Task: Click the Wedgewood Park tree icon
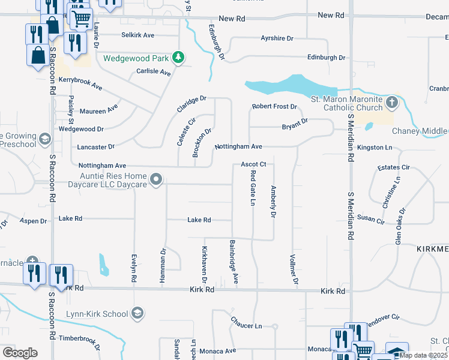click(x=178, y=58)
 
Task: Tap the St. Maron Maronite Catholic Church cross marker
click(x=391, y=102)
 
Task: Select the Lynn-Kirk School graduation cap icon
click(x=137, y=313)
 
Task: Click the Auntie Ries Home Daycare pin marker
click(x=156, y=179)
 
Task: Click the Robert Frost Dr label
click(x=274, y=107)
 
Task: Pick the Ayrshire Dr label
click(x=277, y=38)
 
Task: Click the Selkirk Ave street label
click(x=137, y=35)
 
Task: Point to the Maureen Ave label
click(x=98, y=111)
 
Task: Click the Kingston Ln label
click(x=374, y=147)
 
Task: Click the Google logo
click(x=20, y=352)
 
